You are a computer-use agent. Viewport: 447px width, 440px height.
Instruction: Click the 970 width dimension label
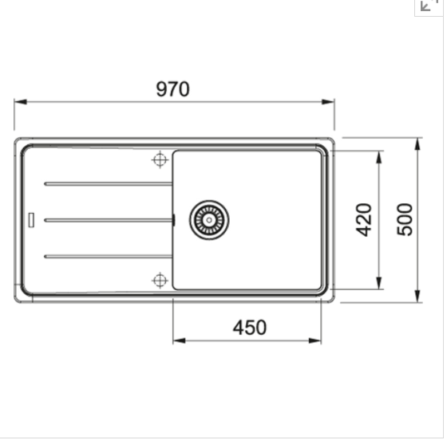[x=172, y=89]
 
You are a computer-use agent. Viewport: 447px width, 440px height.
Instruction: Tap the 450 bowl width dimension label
[x=250, y=328]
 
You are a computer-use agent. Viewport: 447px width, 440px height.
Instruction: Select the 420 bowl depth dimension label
[x=364, y=220]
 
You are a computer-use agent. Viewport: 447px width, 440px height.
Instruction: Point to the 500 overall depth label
[x=405, y=220]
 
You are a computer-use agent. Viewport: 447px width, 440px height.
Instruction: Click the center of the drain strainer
[x=209, y=220]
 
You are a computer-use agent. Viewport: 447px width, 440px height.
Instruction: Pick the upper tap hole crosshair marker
[x=160, y=159]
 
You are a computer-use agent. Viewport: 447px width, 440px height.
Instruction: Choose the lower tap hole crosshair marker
[x=160, y=281]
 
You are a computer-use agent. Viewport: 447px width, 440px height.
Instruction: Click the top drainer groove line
[x=108, y=184]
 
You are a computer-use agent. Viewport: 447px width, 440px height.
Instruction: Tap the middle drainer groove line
[x=109, y=220]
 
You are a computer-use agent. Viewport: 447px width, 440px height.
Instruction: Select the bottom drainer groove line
[x=108, y=257]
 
